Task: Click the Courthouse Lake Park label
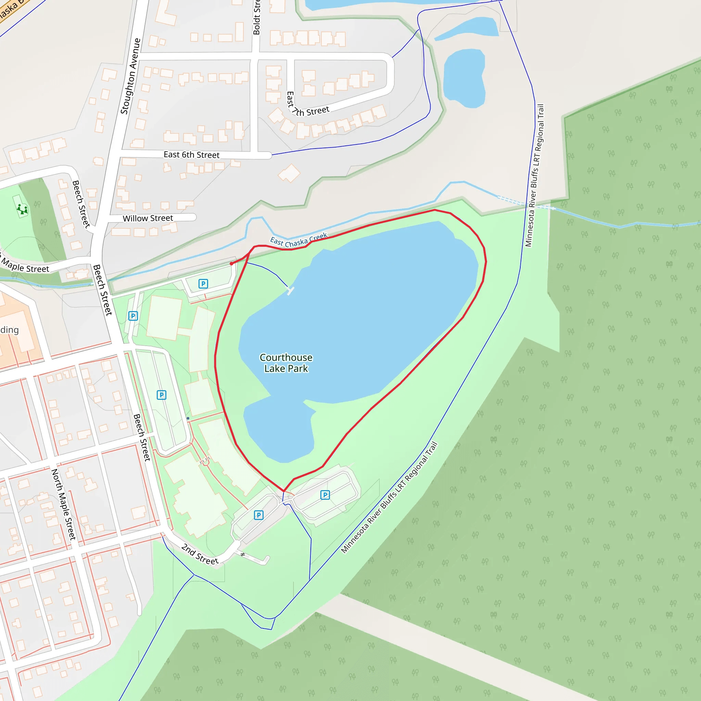click(x=286, y=363)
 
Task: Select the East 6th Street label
click(x=192, y=155)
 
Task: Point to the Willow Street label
click(x=148, y=218)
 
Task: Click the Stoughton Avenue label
click(x=130, y=76)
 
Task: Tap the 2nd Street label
click(x=200, y=554)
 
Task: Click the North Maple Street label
click(x=64, y=504)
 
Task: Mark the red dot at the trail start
click(x=231, y=264)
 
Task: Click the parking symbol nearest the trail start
click(x=203, y=284)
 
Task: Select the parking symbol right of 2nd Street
click(x=259, y=515)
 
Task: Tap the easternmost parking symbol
click(x=325, y=495)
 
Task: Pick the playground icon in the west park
click(x=23, y=209)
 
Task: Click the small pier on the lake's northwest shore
click(x=290, y=291)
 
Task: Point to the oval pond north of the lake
click(x=464, y=79)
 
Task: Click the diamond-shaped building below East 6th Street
click(x=289, y=174)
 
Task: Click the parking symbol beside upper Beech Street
click(x=133, y=316)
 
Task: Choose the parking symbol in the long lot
click(x=162, y=395)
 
